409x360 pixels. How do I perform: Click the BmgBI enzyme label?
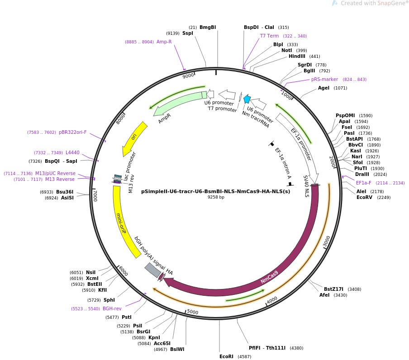click(x=208, y=27)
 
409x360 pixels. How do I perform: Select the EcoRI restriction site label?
click(x=226, y=356)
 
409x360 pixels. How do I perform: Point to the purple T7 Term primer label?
click(x=269, y=36)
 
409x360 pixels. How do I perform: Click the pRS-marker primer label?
click(x=324, y=79)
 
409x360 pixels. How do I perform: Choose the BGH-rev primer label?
click(x=112, y=308)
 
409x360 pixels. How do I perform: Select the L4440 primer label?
click(x=72, y=153)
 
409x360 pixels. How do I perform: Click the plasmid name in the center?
click(x=215, y=191)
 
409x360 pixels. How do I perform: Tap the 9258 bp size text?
click(x=216, y=197)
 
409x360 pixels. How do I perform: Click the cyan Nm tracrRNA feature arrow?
click(x=247, y=99)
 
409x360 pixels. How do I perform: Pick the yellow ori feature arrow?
click(x=134, y=138)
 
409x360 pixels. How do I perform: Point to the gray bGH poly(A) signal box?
click(x=153, y=270)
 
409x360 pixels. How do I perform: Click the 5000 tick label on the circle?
click(x=193, y=312)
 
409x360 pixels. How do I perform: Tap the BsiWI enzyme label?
click(x=177, y=349)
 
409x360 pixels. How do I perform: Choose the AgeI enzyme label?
click(x=323, y=88)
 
